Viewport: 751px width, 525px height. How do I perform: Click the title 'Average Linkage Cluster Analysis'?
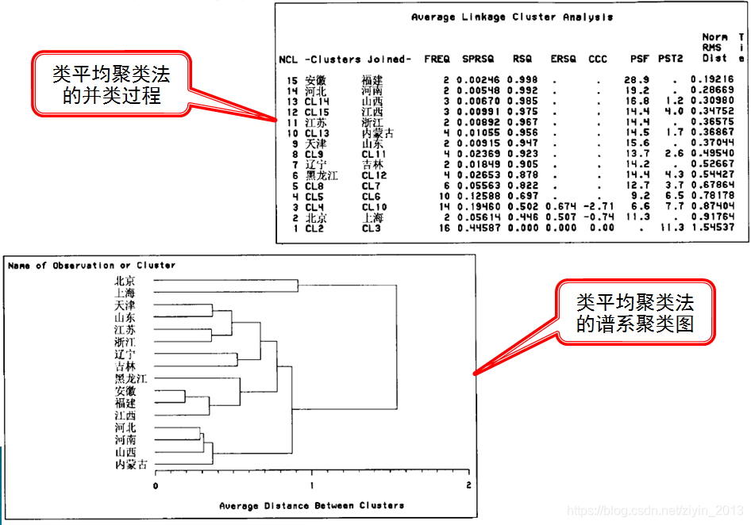pyautogui.click(x=512, y=17)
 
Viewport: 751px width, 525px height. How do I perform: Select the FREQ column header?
pyautogui.click(x=437, y=59)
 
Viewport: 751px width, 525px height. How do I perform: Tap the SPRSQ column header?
pyautogui.click(x=478, y=59)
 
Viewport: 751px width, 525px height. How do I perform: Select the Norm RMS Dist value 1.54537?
pyautogui.click(x=712, y=228)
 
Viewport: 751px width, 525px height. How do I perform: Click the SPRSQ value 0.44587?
pyautogui.click(x=478, y=228)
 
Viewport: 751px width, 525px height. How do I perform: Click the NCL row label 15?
pyautogui.click(x=291, y=80)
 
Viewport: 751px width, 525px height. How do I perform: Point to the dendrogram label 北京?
pyautogui.click(x=125, y=280)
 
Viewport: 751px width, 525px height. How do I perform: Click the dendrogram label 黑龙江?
pyautogui.click(x=130, y=378)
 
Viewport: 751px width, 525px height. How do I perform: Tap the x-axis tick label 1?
pyautogui.click(x=312, y=485)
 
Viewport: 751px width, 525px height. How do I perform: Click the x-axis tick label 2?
pyautogui.click(x=468, y=485)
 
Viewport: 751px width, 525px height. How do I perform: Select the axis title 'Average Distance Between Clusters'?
pyautogui.click(x=311, y=505)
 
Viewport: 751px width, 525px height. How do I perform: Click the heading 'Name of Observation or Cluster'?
pyautogui.click(x=91, y=266)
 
